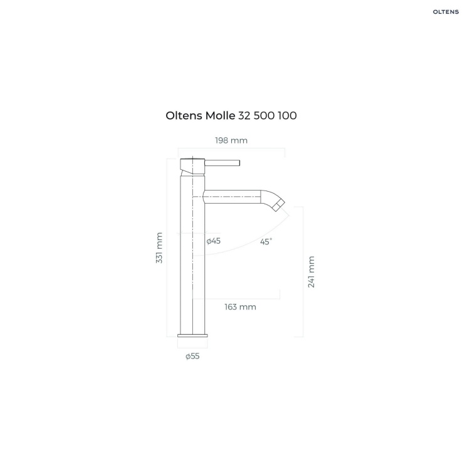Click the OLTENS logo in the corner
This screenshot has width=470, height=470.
[x=446, y=12]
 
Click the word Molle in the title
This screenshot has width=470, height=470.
[x=220, y=115]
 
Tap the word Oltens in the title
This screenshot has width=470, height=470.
[x=184, y=115]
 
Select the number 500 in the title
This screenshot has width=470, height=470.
[x=264, y=115]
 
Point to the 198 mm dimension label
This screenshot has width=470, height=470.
[x=231, y=140]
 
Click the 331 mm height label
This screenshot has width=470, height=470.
[x=159, y=248]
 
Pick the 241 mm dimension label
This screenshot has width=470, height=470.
[x=311, y=272]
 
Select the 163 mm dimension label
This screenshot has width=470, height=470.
[x=241, y=307]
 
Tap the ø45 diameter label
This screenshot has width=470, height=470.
[x=214, y=241]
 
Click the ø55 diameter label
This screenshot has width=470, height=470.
[x=192, y=356]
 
